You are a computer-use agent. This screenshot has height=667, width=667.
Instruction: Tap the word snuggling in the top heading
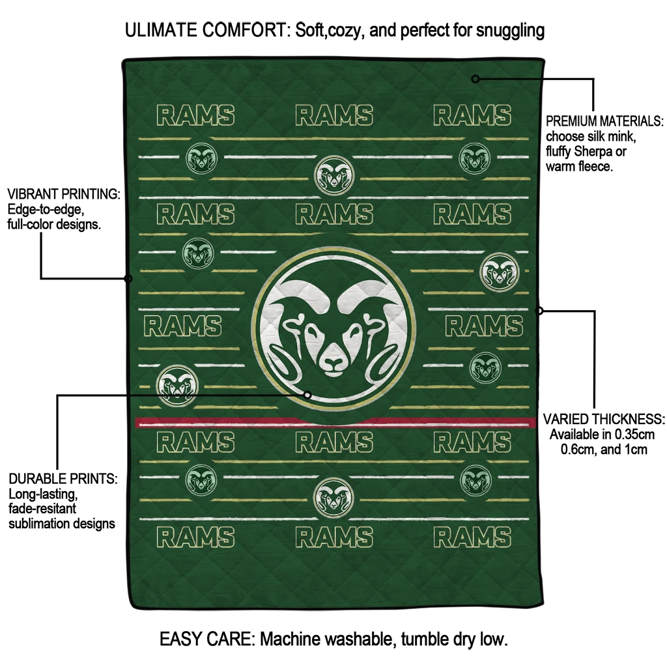510,31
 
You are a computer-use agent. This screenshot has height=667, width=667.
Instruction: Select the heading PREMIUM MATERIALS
604,121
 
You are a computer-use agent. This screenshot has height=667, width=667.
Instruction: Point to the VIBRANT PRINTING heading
64,194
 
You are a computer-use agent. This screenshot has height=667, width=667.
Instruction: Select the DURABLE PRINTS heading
63,479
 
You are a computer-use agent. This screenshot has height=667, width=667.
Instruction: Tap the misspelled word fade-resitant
42,508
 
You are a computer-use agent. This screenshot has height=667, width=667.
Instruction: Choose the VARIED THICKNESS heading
604,419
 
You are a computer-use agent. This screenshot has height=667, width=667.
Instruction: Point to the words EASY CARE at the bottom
207,639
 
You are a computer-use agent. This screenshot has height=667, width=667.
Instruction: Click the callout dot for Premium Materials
475,79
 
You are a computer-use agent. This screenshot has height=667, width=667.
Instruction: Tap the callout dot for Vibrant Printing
128,279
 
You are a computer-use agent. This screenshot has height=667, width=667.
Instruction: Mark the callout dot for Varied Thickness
539,311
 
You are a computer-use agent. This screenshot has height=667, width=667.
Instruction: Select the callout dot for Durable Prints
307,395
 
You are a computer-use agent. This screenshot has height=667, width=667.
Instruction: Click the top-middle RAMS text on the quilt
334,115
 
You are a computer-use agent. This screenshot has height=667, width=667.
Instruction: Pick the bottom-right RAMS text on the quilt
472,537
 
